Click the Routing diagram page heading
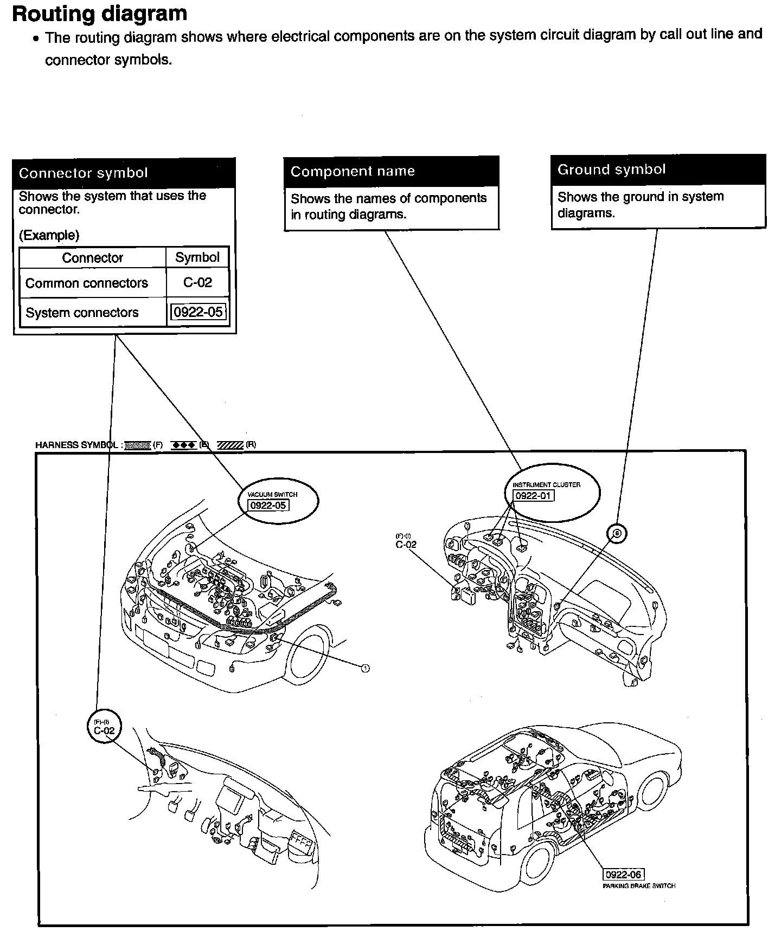pyautogui.click(x=99, y=14)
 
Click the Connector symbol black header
pyautogui.click(x=124, y=173)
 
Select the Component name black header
pyautogui.click(x=391, y=171)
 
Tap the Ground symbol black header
pyautogui.click(x=658, y=170)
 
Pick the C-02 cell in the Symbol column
pyautogui.click(x=197, y=283)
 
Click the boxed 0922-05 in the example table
pyautogui.click(x=197, y=313)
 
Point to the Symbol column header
pyautogui.click(x=197, y=257)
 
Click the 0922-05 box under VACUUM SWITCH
pyautogui.click(x=268, y=506)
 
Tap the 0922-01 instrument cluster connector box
pyautogui.click(x=534, y=495)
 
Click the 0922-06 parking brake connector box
pyautogui.click(x=623, y=875)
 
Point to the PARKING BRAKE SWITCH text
pyautogui.click(x=639, y=886)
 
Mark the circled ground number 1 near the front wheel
pyautogui.click(x=365, y=668)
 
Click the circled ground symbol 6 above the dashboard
pyautogui.click(x=617, y=534)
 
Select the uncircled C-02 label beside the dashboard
pyautogui.click(x=406, y=544)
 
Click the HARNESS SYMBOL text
pyautogui.click(x=76, y=445)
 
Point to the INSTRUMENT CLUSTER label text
pyautogui.click(x=546, y=484)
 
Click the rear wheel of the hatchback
pyautogui.click(x=654, y=791)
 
